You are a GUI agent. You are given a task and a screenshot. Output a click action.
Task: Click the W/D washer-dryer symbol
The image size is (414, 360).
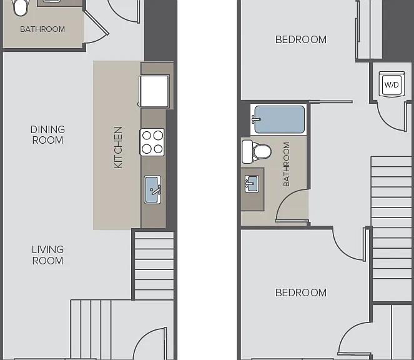pos(392,84)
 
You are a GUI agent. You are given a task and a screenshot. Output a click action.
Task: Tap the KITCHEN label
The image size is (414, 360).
pos(118,147)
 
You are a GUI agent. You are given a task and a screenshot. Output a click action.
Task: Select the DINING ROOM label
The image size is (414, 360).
pos(47,135)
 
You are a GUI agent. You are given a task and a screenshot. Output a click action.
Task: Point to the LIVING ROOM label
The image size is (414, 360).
pos(47,255)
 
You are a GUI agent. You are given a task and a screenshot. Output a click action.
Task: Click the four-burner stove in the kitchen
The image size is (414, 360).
pos(152,142)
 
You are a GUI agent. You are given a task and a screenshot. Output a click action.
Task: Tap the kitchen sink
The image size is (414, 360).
pos(152,190)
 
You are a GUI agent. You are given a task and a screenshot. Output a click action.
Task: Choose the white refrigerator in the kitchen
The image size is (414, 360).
pos(154,91)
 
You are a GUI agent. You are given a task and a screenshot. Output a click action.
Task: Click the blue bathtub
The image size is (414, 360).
pos(278,119)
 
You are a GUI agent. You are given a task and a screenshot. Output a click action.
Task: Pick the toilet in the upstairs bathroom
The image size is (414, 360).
pos(257,152)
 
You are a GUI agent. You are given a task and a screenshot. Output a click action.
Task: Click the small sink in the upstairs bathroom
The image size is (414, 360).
pos(252,184)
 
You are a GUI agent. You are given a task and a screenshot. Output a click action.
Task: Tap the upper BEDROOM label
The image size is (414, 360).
pos(301,39)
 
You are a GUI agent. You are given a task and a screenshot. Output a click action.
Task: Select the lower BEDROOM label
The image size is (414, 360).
pos(301,292)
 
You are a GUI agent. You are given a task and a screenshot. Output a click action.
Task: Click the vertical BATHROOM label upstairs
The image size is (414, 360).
pos(286,164)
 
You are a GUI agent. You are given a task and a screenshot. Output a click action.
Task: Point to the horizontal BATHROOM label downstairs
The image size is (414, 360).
pos(42,29)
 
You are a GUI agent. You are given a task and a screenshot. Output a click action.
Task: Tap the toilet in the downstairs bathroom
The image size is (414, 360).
pos(21,7)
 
